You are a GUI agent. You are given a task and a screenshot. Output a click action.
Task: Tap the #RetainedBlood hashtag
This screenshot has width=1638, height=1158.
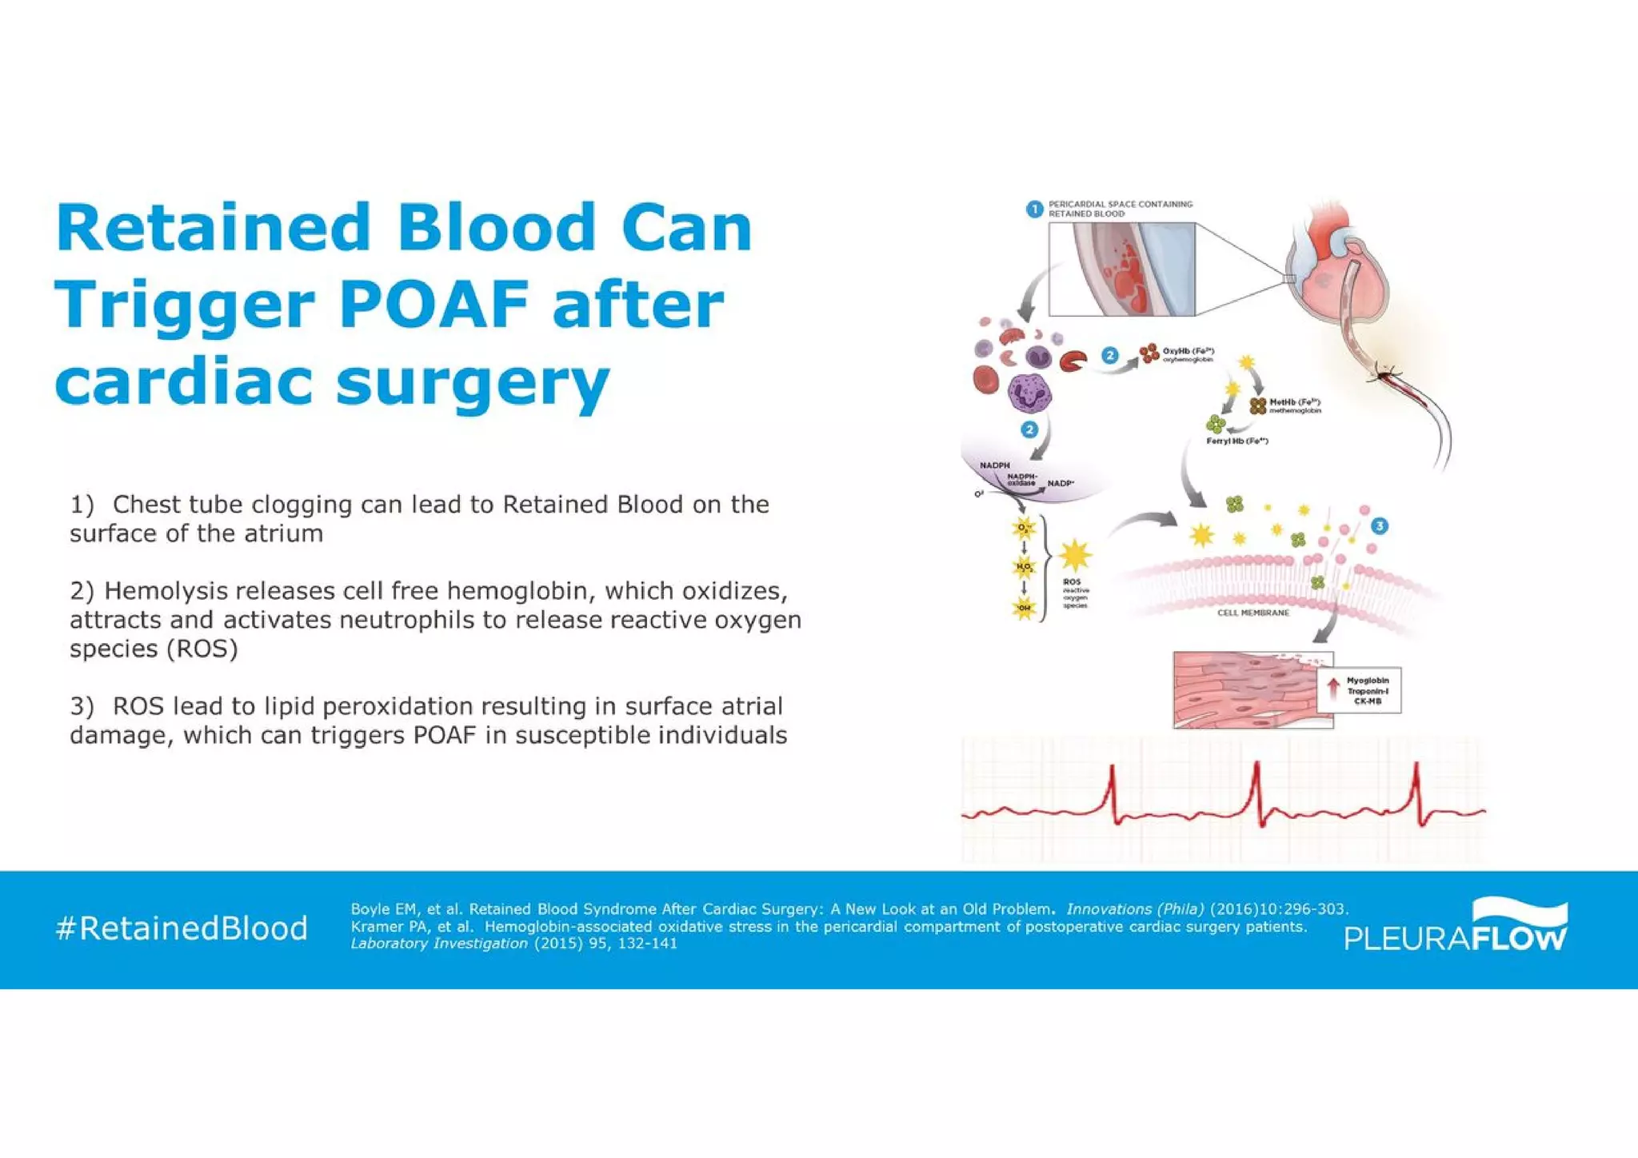(182, 928)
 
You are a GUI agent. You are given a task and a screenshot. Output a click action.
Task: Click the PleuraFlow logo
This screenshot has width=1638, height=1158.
(1456, 928)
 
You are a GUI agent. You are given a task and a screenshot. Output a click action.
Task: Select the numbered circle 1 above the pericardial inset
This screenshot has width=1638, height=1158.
(1034, 209)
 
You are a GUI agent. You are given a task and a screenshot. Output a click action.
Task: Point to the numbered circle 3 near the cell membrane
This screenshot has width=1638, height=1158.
(1379, 525)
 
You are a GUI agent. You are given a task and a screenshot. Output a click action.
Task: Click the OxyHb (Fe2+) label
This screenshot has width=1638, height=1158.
(1188, 351)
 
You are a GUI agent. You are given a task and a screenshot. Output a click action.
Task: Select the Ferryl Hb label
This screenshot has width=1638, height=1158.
(1236, 441)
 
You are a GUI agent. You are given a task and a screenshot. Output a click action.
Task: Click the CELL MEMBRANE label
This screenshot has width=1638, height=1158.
(1252, 613)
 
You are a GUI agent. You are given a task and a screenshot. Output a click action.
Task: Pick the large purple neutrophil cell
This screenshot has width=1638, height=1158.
(1029, 394)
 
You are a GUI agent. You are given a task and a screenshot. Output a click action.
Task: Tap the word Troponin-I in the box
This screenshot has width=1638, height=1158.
(1368, 691)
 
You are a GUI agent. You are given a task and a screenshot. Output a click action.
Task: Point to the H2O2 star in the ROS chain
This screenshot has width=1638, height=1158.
(1024, 567)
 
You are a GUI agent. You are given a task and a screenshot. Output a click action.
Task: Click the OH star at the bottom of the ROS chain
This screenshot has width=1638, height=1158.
(1024, 608)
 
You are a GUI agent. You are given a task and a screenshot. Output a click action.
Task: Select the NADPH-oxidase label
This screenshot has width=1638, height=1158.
(1021, 480)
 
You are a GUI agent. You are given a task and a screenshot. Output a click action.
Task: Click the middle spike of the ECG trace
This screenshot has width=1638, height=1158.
(1256, 792)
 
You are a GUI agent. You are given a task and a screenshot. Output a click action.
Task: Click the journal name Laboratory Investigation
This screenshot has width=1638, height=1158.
(439, 944)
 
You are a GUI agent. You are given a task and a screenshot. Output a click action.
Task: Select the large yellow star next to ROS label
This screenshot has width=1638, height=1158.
(1074, 555)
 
